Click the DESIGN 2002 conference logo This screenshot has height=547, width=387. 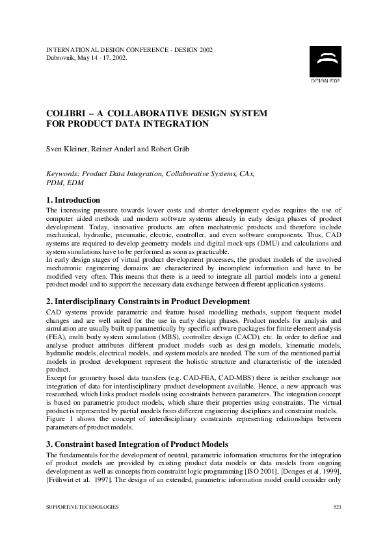(x=325, y=64)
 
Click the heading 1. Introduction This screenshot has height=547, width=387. (x=73, y=200)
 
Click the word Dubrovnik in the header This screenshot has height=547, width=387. (x=63, y=57)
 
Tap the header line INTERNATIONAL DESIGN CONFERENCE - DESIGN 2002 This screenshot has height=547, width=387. (x=129, y=49)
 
